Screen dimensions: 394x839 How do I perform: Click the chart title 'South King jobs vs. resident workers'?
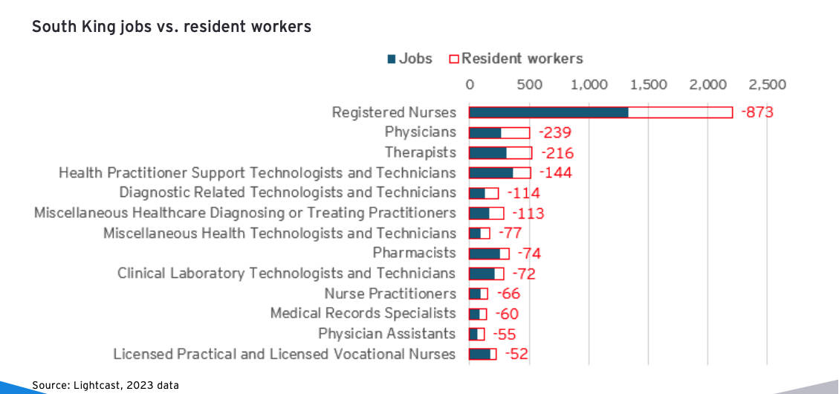pos(171,27)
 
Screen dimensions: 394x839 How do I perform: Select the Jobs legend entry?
pos(409,59)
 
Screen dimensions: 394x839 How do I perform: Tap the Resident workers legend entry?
pos(522,59)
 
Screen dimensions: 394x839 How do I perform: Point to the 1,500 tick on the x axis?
pos(649,84)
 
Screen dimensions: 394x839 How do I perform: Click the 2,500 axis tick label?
pos(768,84)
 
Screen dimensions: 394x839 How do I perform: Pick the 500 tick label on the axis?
pos(529,84)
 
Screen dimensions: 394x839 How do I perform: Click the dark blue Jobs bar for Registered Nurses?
pos(548,112)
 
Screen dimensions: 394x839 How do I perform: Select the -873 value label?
pos(758,113)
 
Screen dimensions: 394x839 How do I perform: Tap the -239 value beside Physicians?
pos(554,133)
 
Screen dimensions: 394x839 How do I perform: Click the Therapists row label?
pos(420,152)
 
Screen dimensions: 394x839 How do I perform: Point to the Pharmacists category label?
pos(414,253)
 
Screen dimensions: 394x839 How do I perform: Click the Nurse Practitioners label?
pos(390,294)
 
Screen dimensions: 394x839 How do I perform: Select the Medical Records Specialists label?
pos(363,314)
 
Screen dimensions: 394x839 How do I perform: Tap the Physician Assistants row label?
pos(386,334)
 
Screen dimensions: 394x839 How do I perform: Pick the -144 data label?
pos(555,173)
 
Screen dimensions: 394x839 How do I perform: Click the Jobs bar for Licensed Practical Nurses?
pos(479,354)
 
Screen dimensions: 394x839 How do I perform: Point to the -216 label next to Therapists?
pos(557,153)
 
